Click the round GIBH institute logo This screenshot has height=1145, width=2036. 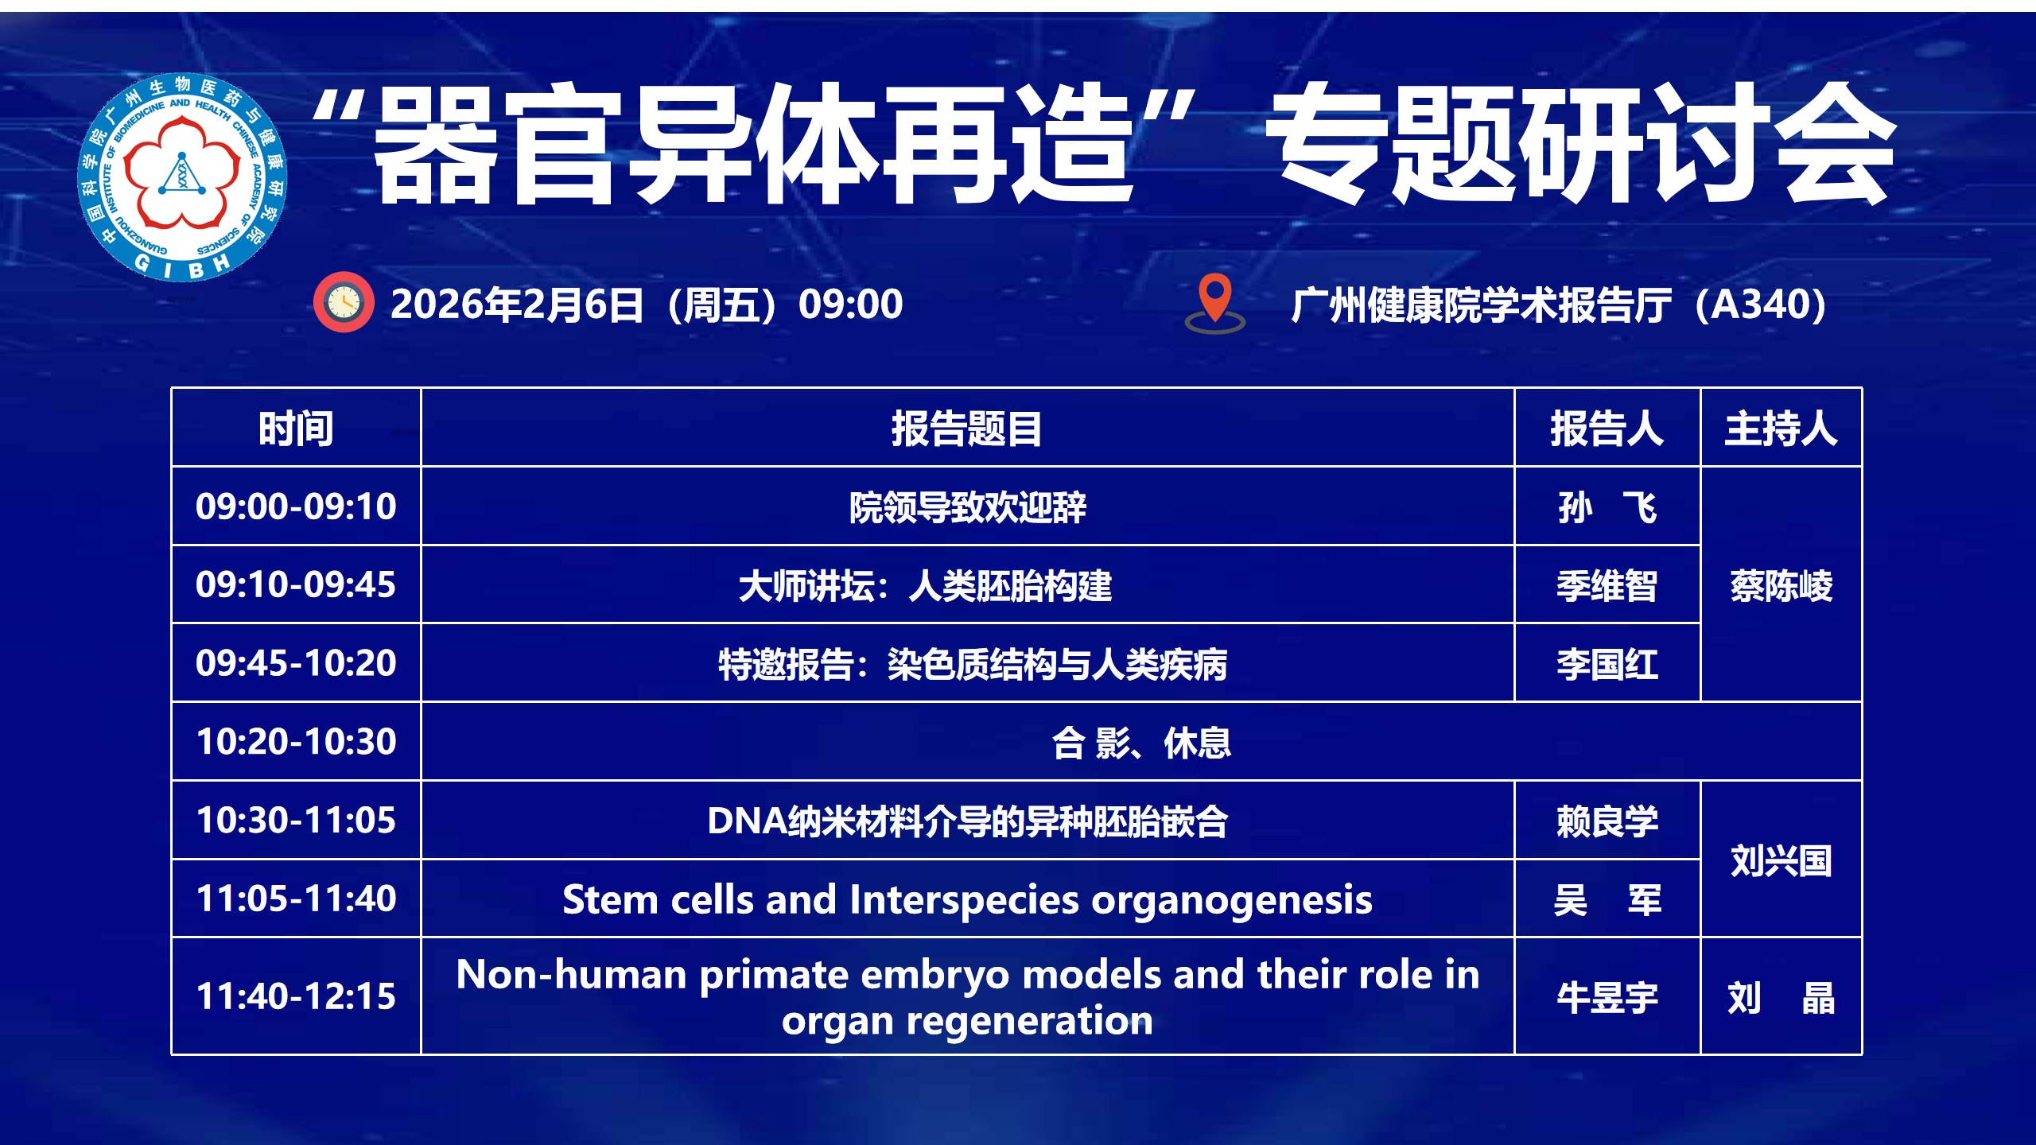(182, 177)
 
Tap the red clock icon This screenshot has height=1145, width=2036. (344, 302)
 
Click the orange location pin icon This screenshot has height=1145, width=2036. (1214, 303)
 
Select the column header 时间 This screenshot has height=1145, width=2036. (296, 429)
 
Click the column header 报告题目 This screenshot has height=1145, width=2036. (966, 429)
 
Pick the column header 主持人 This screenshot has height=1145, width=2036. (1781, 429)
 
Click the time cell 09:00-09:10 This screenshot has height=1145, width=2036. (296, 507)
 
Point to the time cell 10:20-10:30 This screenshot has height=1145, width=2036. (296, 742)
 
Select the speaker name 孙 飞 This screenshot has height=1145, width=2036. (1607, 507)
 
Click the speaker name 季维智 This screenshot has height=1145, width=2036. (1607, 586)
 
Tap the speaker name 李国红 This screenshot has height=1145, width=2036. (1607, 664)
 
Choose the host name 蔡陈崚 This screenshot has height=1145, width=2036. (1781, 586)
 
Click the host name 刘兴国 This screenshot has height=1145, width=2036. (1781, 860)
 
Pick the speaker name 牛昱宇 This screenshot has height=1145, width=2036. (1607, 997)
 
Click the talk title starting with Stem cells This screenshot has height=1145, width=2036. (967, 900)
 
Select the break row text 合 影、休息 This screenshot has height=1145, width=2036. (1141, 743)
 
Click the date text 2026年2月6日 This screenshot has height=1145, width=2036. (517, 305)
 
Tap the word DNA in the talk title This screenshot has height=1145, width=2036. (747, 821)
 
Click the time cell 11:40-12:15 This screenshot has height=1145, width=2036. (296, 996)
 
